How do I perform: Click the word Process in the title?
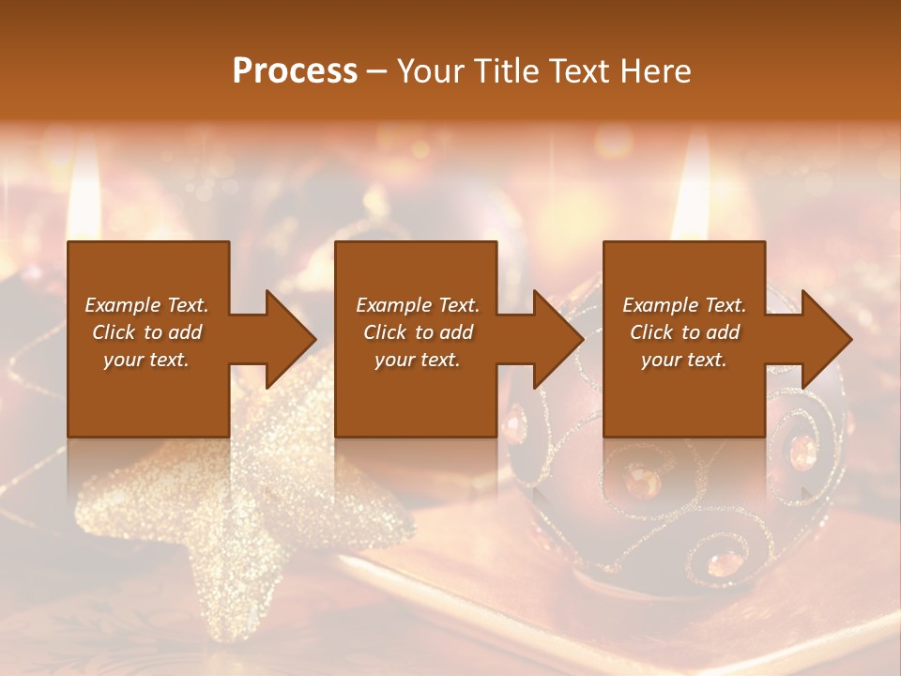pyautogui.click(x=295, y=71)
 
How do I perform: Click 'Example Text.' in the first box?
pyautogui.click(x=146, y=305)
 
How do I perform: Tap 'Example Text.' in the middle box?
pyautogui.click(x=418, y=305)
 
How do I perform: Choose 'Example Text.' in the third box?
pyautogui.click(x=684, y=305)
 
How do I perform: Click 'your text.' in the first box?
pyautogui.click(x=146, y=360)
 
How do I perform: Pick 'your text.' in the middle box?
pyautogui.click(x=418, y=360)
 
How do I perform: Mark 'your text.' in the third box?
pyautogui.click(x=684, y=360)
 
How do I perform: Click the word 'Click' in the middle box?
pyautogui.click(x=384, y=332)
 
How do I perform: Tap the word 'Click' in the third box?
pyautogui.click(x=650, y=332)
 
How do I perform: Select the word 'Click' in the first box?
pyautogui.click(x=113, y=332)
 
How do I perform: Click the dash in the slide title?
pyautogui.click(x=377, y=71)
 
